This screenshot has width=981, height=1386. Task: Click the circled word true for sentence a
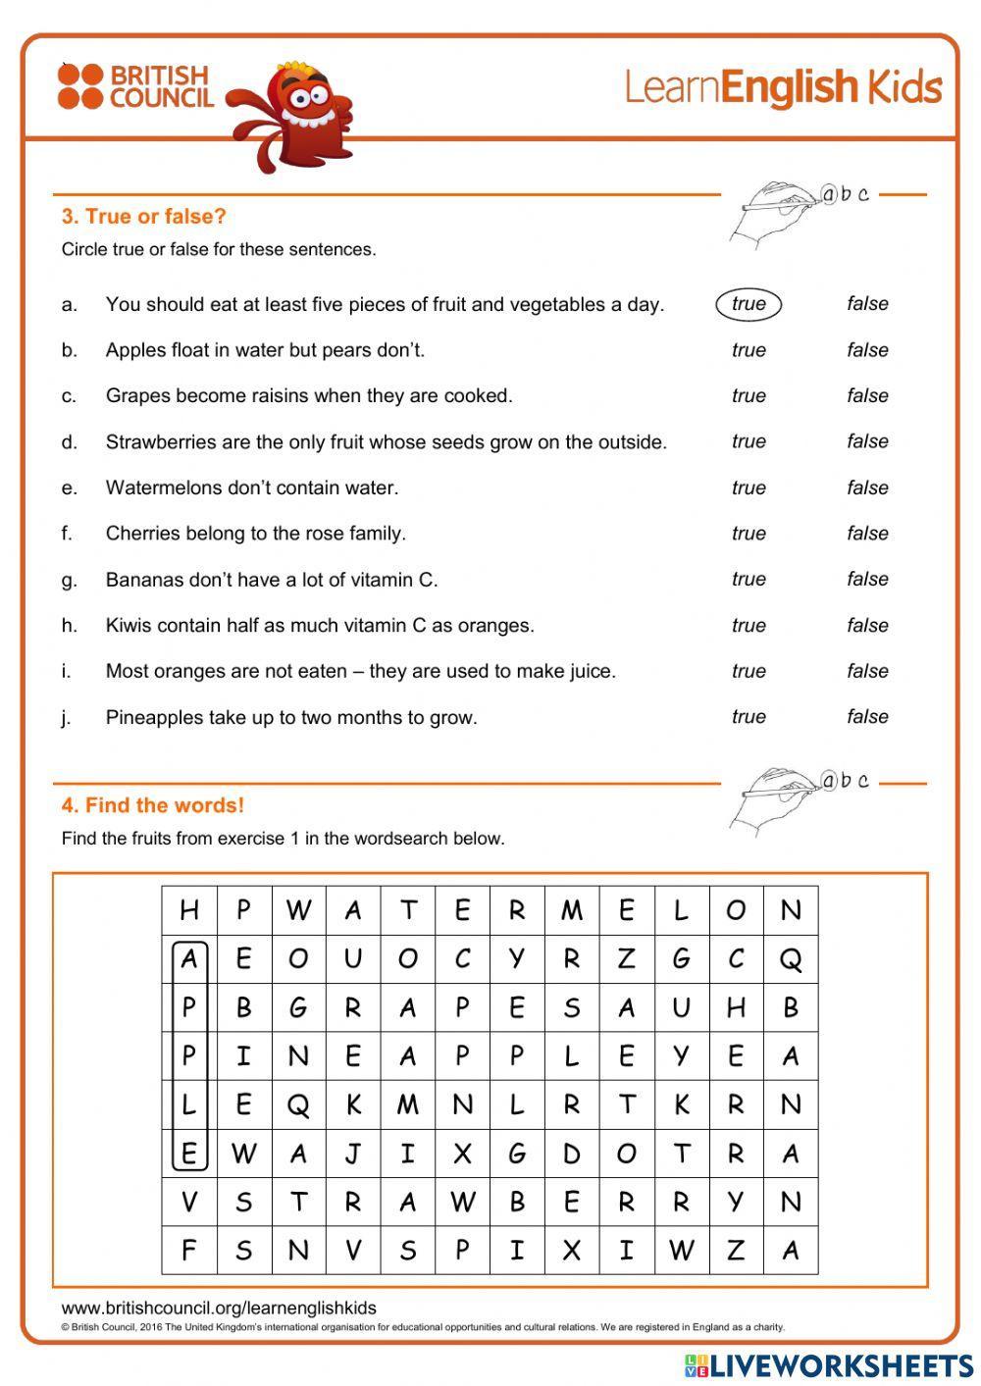[x=749, y=304]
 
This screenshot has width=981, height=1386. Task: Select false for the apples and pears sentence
[x=867, y=350]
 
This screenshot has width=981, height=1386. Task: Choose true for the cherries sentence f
[x=749, y=534]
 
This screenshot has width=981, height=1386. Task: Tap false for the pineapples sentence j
[x=867, y=717]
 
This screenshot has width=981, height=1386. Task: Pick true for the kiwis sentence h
[x=749, y=625]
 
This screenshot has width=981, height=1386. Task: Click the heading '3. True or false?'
[x=143, y=217]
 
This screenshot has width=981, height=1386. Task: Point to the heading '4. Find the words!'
[x=152, y=805]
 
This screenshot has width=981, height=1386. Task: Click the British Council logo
[x=134, y=87]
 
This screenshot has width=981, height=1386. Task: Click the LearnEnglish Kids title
[x=783, y=87]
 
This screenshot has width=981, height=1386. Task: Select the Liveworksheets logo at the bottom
[x=829, y=1364]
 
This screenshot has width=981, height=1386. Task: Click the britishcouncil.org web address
[x=218, y=1308]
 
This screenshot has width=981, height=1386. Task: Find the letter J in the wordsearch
[x=353, y=1154]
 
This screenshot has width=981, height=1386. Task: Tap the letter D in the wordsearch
[x=572, y=1154]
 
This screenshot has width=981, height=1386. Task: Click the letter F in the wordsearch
[x=189, y=1251]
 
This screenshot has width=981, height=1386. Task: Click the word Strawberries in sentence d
[x=161, y=442]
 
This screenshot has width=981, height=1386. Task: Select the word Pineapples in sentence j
[x=154, y=717]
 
